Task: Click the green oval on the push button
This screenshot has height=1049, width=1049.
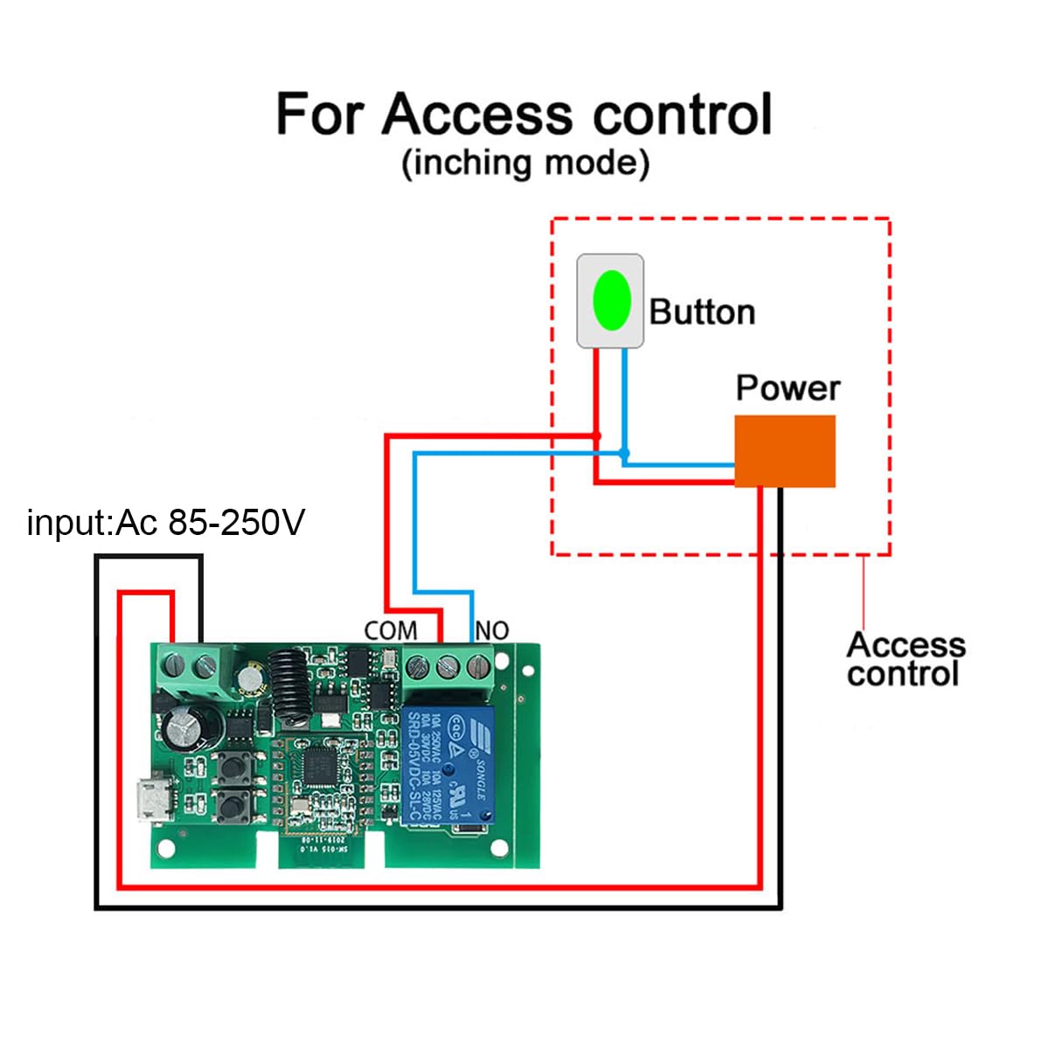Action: click(x=611, y=300)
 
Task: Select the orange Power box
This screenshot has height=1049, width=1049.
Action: click(x=784, y=451)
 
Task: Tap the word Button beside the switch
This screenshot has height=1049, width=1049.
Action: click(x=702, y=312)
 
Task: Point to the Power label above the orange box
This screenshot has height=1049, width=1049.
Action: click(x=788, y=387)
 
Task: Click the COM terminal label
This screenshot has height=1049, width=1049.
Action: click(x=390, y=630)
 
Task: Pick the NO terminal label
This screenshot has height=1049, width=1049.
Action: click(x=491, y=630)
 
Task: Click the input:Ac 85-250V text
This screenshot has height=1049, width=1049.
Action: click(x=166, y=523)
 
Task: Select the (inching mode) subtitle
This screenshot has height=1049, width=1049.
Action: click(x=524, y=163)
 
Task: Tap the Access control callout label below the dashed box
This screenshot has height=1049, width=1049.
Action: click(x=906, y=659)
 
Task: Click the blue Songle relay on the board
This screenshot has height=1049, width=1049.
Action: click(x=447, y=765)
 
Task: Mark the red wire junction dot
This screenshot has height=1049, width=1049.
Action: click(x=597, y=435)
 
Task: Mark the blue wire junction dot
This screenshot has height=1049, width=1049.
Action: click(x=623, y=454)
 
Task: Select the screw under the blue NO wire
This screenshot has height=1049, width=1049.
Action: click(x=476, y=668)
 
